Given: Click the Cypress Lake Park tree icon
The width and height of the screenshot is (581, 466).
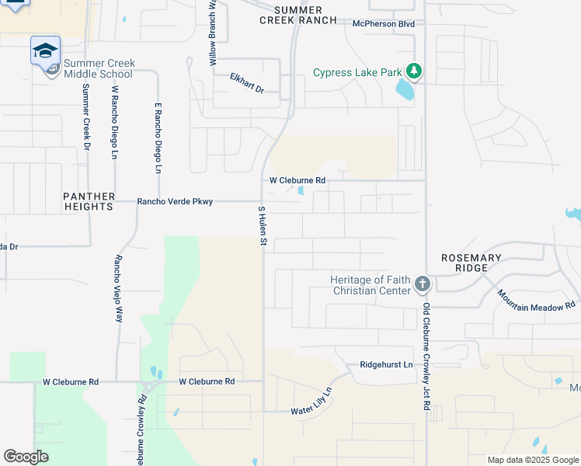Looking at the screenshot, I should [415, 72].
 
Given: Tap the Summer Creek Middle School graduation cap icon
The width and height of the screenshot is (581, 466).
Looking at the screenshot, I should [45, 50].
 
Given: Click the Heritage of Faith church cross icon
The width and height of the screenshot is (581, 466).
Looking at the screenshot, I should [422, 284].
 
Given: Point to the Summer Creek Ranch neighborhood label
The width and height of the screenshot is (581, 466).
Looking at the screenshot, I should [298, 14].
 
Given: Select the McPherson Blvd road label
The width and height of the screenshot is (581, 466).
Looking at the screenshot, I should [383, 24].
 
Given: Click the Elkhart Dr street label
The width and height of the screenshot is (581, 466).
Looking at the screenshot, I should [247, 83].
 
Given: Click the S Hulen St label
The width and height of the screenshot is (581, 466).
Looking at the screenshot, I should [263, 227].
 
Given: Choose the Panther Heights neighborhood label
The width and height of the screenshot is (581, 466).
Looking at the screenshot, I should [89, 202].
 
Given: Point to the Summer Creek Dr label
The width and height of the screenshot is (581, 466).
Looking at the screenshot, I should [86, 116].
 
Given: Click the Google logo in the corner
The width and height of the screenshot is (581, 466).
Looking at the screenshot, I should [26, 456].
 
